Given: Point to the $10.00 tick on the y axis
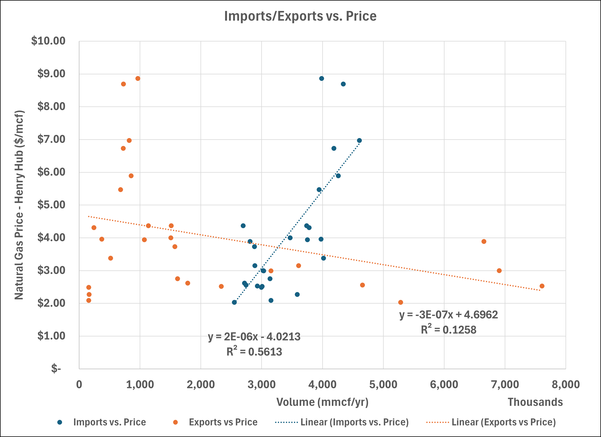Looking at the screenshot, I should pos(48,41).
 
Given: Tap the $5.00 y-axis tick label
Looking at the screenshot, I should pos(51,205).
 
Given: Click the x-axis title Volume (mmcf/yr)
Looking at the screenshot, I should pos(322,402).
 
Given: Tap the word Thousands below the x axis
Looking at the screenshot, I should pos(535,402).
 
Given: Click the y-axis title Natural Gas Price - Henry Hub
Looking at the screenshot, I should pos(19,205).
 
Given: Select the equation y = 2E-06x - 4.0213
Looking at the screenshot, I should pos(254,337).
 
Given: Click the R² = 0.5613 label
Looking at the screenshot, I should pos(254,352).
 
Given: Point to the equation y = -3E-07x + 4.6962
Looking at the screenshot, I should pos(448,315).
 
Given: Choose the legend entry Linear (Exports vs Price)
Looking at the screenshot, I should pos(504,422).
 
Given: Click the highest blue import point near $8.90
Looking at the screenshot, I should pos(322,79).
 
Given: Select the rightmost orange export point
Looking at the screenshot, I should pos(542,286).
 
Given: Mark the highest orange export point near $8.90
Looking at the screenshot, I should pos(138,79).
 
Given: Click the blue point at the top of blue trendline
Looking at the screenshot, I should pos(359,141).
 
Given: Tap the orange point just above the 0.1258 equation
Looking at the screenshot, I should pos(401,302).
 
